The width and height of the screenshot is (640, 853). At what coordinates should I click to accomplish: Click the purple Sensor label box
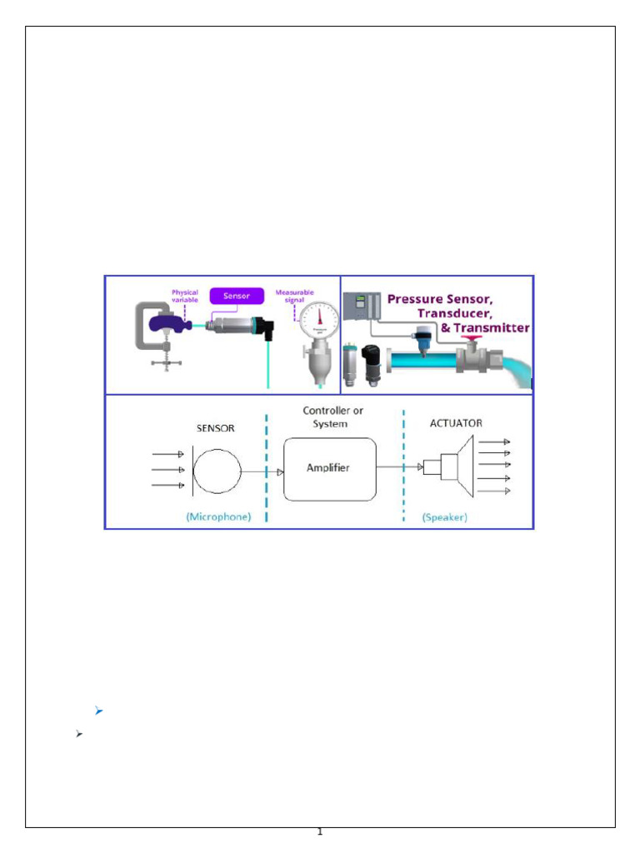click(x=236, y=295)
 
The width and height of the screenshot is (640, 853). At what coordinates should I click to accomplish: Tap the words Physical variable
click(x=184, y=295)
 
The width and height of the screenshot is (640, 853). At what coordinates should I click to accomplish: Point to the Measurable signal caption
click(x=294, y=295)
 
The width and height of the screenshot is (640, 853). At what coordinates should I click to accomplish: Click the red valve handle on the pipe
click(x=477, y=338)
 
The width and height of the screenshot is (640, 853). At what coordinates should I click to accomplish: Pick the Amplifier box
click(x=329, y=468)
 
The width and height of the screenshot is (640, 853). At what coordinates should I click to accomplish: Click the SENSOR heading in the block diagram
click(x=215, y=428)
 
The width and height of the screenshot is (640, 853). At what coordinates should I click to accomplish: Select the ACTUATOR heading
click(x=456, y=423)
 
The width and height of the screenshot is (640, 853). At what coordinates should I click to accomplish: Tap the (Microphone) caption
click(x=218, y=516)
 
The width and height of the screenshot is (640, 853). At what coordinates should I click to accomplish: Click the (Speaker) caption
click(x=445, y=516)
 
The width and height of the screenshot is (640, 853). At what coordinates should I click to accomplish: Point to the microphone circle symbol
click(x=217, y=471)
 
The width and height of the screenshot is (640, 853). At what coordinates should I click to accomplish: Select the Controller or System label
click(x=332, y=417)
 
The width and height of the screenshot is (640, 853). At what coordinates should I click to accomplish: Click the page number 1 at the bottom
click(x=319, y=832)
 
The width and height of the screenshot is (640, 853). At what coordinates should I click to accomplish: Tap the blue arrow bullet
click(x=98, y=711)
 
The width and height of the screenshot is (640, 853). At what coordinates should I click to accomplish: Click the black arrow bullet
click(x=79, y=734)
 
